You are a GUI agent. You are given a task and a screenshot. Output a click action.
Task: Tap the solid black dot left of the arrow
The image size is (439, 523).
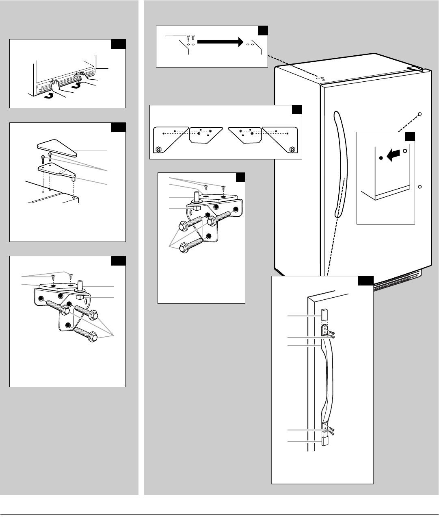point(381,158)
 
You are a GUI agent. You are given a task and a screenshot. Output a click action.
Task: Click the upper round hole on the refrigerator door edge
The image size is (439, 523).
point(420,114)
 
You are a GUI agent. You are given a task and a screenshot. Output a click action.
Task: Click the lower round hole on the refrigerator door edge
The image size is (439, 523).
point(420,187)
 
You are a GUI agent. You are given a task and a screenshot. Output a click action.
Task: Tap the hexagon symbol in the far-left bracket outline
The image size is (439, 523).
point(158,149)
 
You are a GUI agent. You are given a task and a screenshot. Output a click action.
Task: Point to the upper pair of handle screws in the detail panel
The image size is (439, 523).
point(331,335)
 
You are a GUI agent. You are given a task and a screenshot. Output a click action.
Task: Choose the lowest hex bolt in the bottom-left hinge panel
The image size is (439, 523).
point(87,336)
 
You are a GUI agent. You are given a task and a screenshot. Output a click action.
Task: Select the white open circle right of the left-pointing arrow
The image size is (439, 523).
point(404,151)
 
